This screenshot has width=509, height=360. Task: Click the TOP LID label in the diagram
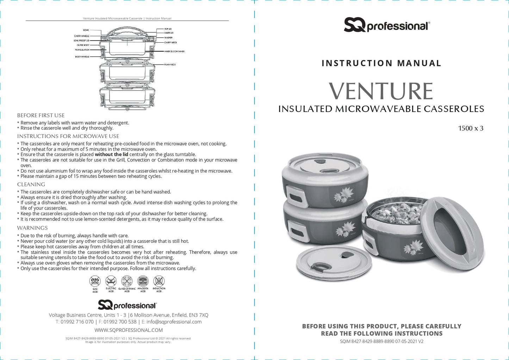[x=168, y=29]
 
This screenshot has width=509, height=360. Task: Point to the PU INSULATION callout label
[x=82, y=50]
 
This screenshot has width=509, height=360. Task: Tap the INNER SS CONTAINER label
[x=174, y=51]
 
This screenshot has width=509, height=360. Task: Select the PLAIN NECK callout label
[x=170, y=65]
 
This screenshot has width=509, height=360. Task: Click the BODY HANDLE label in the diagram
[x=82, y=57]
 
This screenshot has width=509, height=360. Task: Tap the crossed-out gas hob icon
[x=95, y=281]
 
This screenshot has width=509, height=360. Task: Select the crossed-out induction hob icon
[x=159, y=281]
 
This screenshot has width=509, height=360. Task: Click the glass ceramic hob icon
[x=127, y=281]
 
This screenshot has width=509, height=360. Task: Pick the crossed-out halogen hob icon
[x=143, y=281]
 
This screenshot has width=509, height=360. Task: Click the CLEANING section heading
[x=31, y=185]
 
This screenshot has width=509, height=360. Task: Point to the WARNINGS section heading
[x=32, y=228]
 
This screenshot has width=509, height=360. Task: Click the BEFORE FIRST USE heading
[x=41, y=116]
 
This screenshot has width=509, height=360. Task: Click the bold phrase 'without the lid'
[x=111, y=154]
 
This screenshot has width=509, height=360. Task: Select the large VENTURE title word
[x=381, y=91]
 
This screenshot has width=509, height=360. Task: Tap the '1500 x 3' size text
[x=471, y=128]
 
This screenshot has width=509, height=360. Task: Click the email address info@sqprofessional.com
[x=174, y=322]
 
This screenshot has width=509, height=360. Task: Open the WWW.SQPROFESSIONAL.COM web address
[x=129, y=330]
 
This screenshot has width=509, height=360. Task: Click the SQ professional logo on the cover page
[x=386, y=25]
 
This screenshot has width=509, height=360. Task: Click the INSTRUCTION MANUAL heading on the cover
[x=381, y=63]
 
